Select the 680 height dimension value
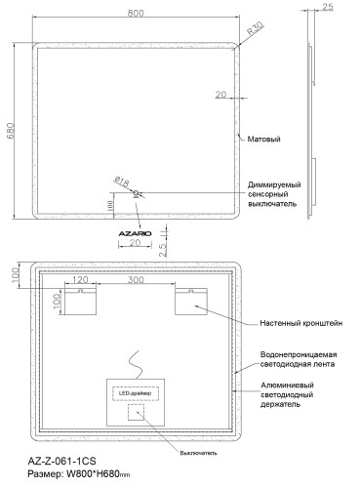(13, 132)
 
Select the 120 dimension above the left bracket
(82, 281)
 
